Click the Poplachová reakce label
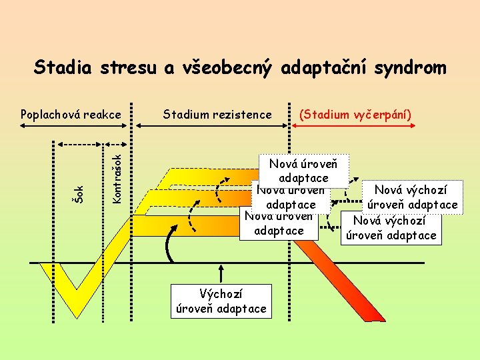[71, 114]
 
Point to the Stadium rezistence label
[217, 114]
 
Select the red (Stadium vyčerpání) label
[355, 114]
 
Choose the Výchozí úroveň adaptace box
[221, 301]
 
